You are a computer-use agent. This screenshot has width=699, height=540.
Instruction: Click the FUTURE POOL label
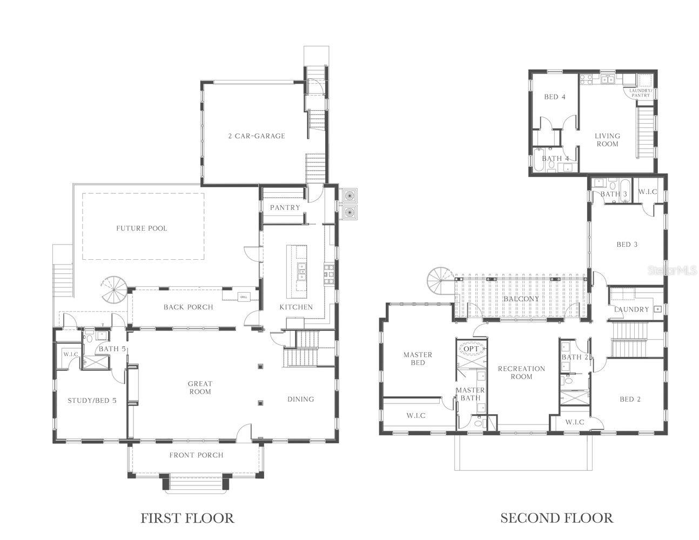[142, 228]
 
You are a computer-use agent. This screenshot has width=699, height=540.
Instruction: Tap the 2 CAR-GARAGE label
[256, 136]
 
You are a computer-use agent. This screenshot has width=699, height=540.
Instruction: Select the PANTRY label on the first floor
[285, 207]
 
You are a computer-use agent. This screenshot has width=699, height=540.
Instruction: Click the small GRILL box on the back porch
[243, 296]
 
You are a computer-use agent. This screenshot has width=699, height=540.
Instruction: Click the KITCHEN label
[296, 307]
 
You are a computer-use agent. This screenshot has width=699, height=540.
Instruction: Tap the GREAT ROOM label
[199, 388]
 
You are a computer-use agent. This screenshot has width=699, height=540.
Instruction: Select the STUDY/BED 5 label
[91, 401]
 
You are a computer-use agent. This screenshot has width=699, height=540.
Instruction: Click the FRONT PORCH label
[196, 455]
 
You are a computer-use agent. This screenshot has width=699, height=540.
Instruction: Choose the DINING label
[300, 399]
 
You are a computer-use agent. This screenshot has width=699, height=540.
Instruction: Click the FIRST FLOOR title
[187, 518]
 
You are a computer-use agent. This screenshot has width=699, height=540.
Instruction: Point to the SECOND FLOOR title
[556, 518]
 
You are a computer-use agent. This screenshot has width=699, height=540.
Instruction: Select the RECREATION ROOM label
[521, 373]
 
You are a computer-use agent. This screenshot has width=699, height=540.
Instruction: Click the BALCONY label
[521, 299]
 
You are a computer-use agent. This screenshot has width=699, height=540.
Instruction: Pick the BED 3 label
[627, 244]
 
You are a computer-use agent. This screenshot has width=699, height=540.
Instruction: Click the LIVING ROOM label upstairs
[607, 140]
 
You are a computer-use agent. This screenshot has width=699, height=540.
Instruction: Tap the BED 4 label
[554, 97]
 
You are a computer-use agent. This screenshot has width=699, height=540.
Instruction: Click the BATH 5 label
[112, 349]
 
